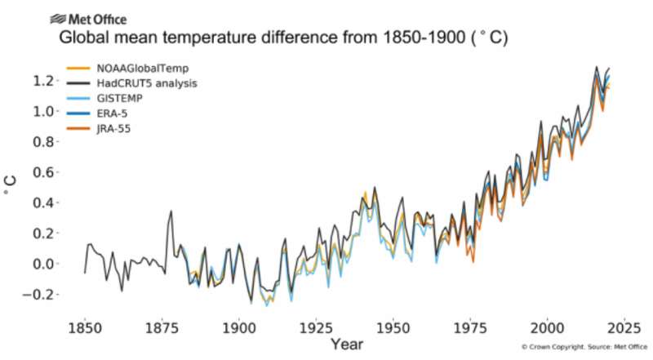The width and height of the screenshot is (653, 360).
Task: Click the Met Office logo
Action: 88,18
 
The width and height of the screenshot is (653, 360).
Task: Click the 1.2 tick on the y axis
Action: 45,81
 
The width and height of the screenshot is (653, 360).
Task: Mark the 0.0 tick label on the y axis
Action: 45,264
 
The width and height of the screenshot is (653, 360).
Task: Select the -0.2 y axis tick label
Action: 42,295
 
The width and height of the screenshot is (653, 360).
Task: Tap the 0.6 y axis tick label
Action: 45,172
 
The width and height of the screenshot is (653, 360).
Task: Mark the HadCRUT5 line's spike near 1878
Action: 171,211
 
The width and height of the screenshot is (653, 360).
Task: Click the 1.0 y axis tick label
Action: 45,111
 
